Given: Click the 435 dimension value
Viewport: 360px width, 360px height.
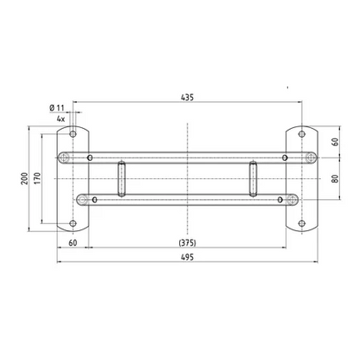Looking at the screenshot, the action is tap(187, 98).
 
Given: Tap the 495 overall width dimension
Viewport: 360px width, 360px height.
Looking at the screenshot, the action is tap(188, 257).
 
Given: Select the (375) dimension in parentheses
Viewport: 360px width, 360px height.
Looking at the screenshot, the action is tap(188, 243).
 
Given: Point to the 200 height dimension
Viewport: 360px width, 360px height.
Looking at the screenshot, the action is tap(24, 178).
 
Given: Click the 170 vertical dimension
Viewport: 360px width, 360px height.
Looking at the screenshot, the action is tap(38, 178).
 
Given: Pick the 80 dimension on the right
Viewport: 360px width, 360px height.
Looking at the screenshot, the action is tap(335, 178).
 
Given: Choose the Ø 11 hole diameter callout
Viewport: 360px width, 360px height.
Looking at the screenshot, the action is tap(56, 108).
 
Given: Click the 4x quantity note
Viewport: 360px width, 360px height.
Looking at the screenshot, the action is tap(61, 119).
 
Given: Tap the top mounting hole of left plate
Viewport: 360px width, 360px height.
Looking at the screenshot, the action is tap(73, 134).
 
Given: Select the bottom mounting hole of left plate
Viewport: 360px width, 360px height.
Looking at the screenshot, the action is tap(73, 223).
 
